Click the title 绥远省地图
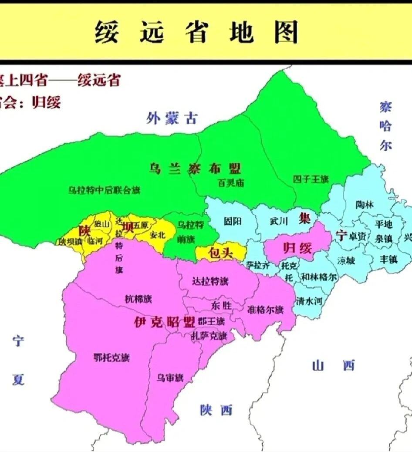(197, 33)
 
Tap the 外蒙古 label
(172, 118)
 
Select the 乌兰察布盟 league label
(195, 169)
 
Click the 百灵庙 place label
(231, 183)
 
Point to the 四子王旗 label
(311, 179)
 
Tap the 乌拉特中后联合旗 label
(105, 190)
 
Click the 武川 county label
(279, 221)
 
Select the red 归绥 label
(298, 249)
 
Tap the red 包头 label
(221, 253)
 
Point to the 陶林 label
(365, 205)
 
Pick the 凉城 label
(346, 260)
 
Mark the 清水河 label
(309, 300)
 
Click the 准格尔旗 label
(265, 310)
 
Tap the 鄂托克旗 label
(111, 358)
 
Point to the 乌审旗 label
(170, 378)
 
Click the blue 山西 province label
(334, 366)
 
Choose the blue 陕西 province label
(216, 410)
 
